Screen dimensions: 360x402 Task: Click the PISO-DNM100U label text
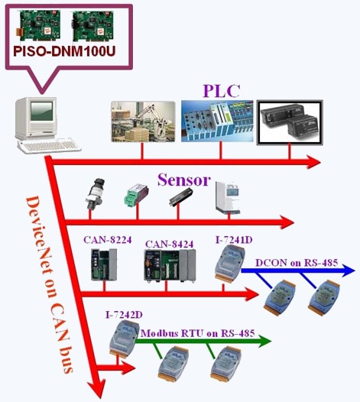pos(64,51)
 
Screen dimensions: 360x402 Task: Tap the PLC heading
pos(222,91)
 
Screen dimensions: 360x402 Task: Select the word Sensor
pos(184,180)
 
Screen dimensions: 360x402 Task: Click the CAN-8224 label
pos(108,240)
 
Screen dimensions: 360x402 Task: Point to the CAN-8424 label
pos(169,244)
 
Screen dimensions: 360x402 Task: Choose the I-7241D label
pos(234,240)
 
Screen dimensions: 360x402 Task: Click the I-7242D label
pos(124,315)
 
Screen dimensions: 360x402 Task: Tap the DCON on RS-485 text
pos(297,263)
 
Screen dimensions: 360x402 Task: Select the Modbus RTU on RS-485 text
pos(198,333)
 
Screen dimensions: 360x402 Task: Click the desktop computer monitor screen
pos(42,112)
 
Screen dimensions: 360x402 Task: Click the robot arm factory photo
pos(143,122)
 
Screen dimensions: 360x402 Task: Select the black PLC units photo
pos(290,122)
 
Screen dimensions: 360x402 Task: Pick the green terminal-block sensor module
pos(137,194)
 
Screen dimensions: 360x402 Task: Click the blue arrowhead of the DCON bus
pos(347,270)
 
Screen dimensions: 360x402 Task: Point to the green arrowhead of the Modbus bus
pos(264,341)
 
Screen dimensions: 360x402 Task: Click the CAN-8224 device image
pos(104,264)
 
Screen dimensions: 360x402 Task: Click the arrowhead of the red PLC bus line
pos(313,162)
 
